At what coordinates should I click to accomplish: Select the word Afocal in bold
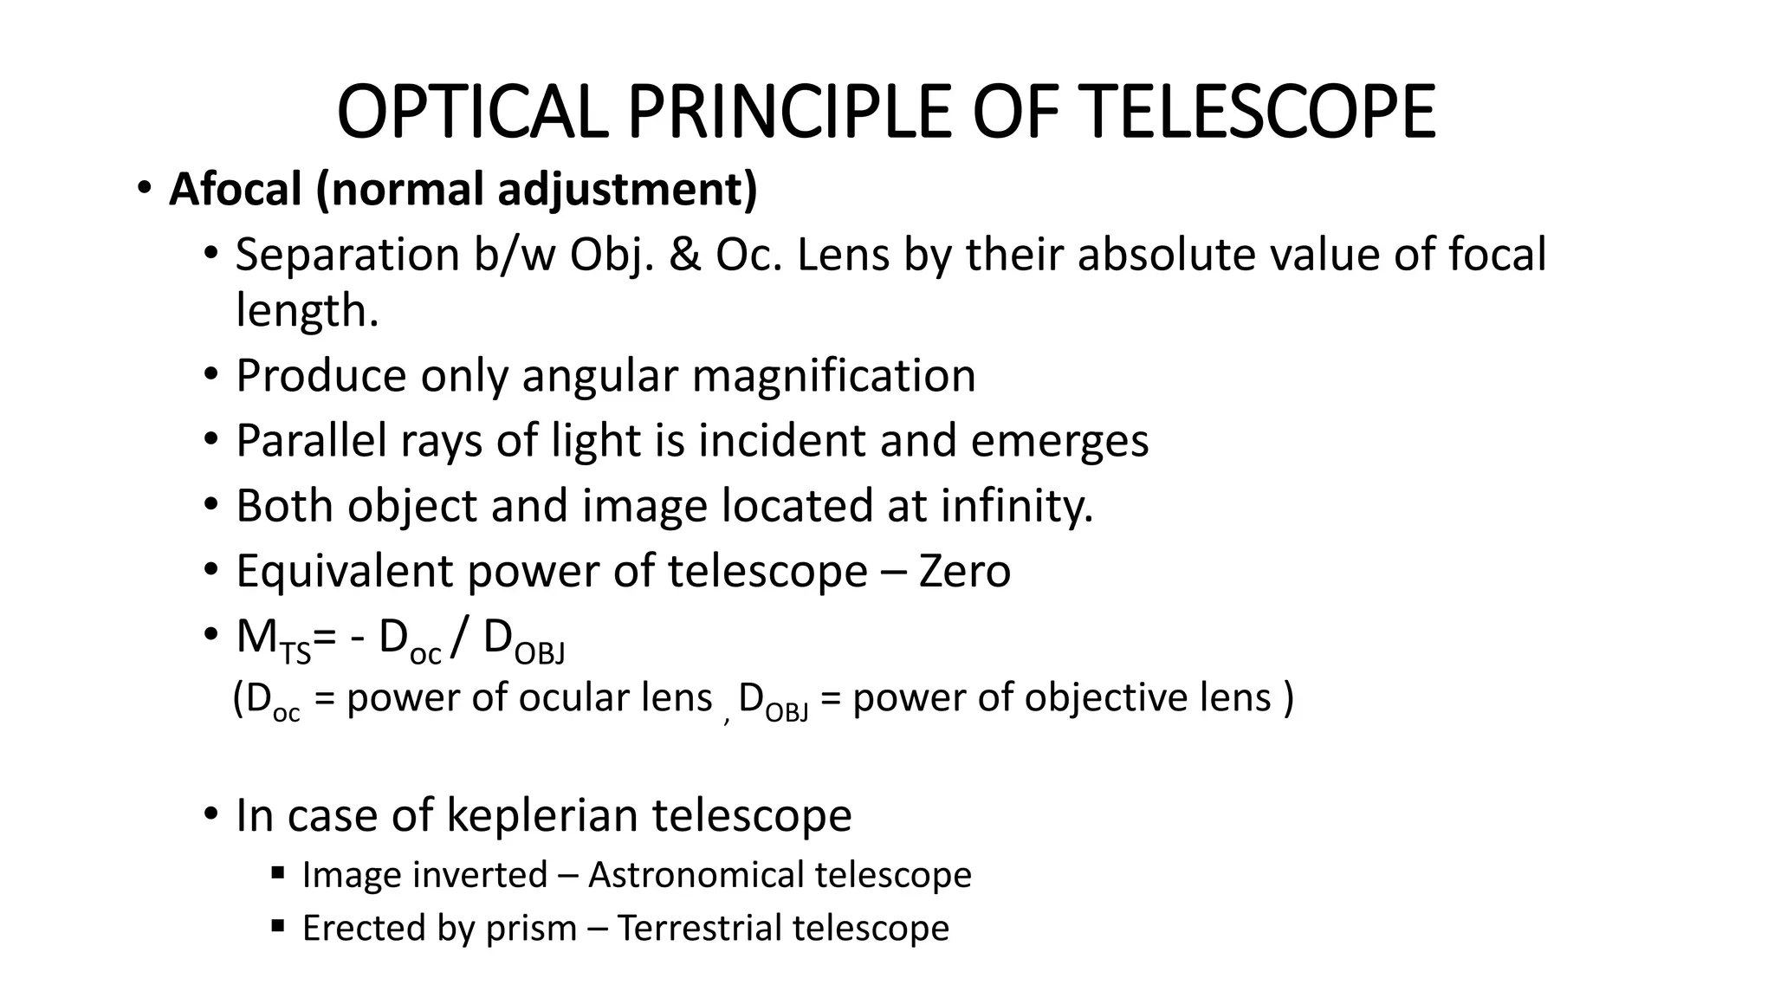point(236,188)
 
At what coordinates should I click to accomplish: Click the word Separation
point(348,255)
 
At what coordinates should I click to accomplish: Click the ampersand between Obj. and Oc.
point(685,255)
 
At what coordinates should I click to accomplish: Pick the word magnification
point(833,375)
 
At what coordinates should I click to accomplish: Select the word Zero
point(964,571)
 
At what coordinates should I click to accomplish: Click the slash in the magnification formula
point(462,638)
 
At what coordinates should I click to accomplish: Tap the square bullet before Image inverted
point(277,872)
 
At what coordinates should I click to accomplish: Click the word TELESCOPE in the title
point(1259,112)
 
